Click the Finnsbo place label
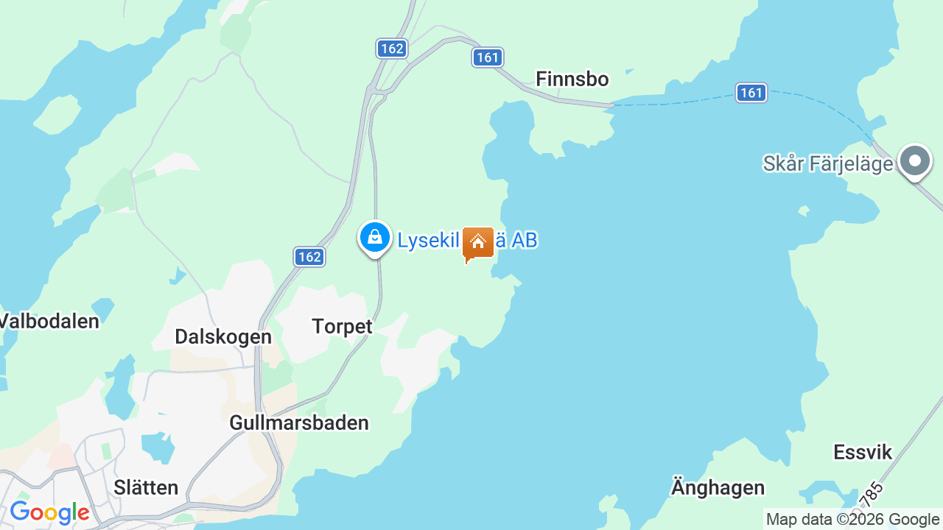click(x=572, y=79)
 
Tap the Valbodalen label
click(x=49, y=321)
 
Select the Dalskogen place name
click(x=223, y=336)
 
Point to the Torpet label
click(x=342, y=326)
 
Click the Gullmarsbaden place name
click(x=298, y=423)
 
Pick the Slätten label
click(x=146, y=487)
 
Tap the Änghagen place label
click(x=718, y=487)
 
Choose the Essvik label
click(x=863, y=452)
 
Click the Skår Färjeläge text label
click(x=827, y=163)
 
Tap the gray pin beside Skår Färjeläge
click(x=915, y=160)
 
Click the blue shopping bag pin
click(x=375, y=238)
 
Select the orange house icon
click(x=477, y=243)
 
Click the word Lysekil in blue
click(x=428, y=241)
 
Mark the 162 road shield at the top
click(x=392, y=49)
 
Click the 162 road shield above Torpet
click(x=309, y=257)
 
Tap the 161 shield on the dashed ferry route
click(x=751, y=93)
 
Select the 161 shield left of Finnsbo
click(x=488, y=57)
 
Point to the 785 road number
click(x=871, y=494)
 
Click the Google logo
click(x=49, y=512)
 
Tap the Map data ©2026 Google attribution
click(x=852, y=520)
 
